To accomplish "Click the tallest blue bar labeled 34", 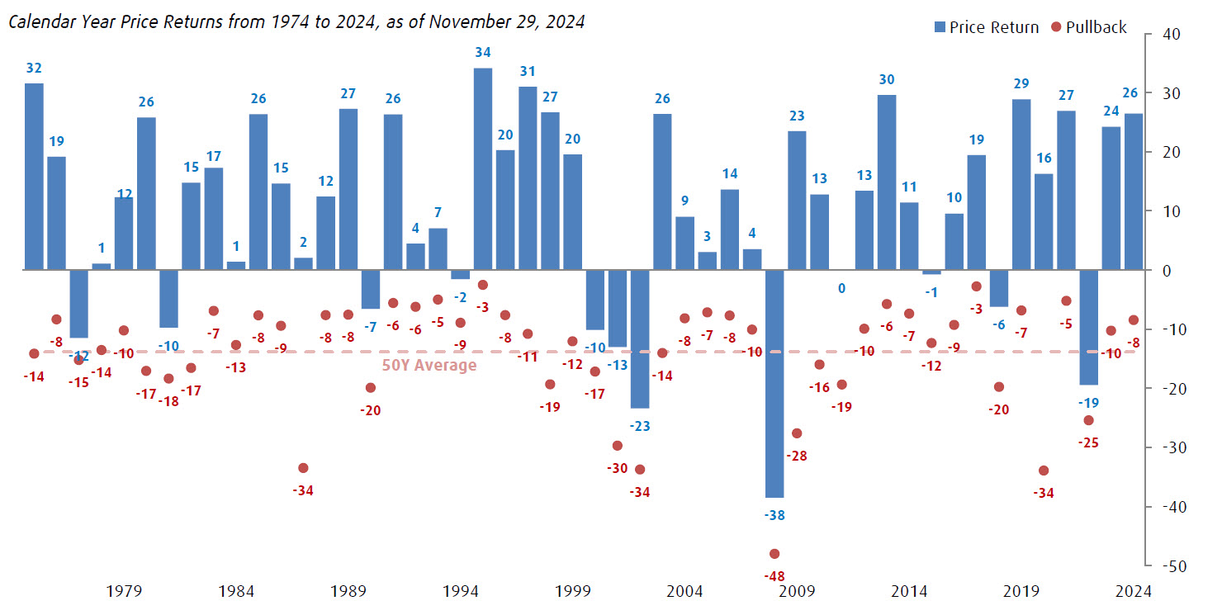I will click(483, 169).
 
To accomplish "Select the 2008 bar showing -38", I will click(774, 384).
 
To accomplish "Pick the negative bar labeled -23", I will click(640, 339).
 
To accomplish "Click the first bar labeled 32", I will click(34, 177).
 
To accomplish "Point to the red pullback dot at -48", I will click(774, 554).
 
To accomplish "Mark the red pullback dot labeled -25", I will click(1088, 420).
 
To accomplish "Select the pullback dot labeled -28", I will click(797, 433).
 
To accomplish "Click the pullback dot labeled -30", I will click(618, 446).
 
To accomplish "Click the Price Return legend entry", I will click(986, 27).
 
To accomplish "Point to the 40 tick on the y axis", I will click(1170, 35).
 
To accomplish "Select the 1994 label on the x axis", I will click(461, 591).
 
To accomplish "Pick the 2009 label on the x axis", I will click(797, 591).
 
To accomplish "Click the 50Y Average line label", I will click(429, 366).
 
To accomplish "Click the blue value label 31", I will click(528, 72).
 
